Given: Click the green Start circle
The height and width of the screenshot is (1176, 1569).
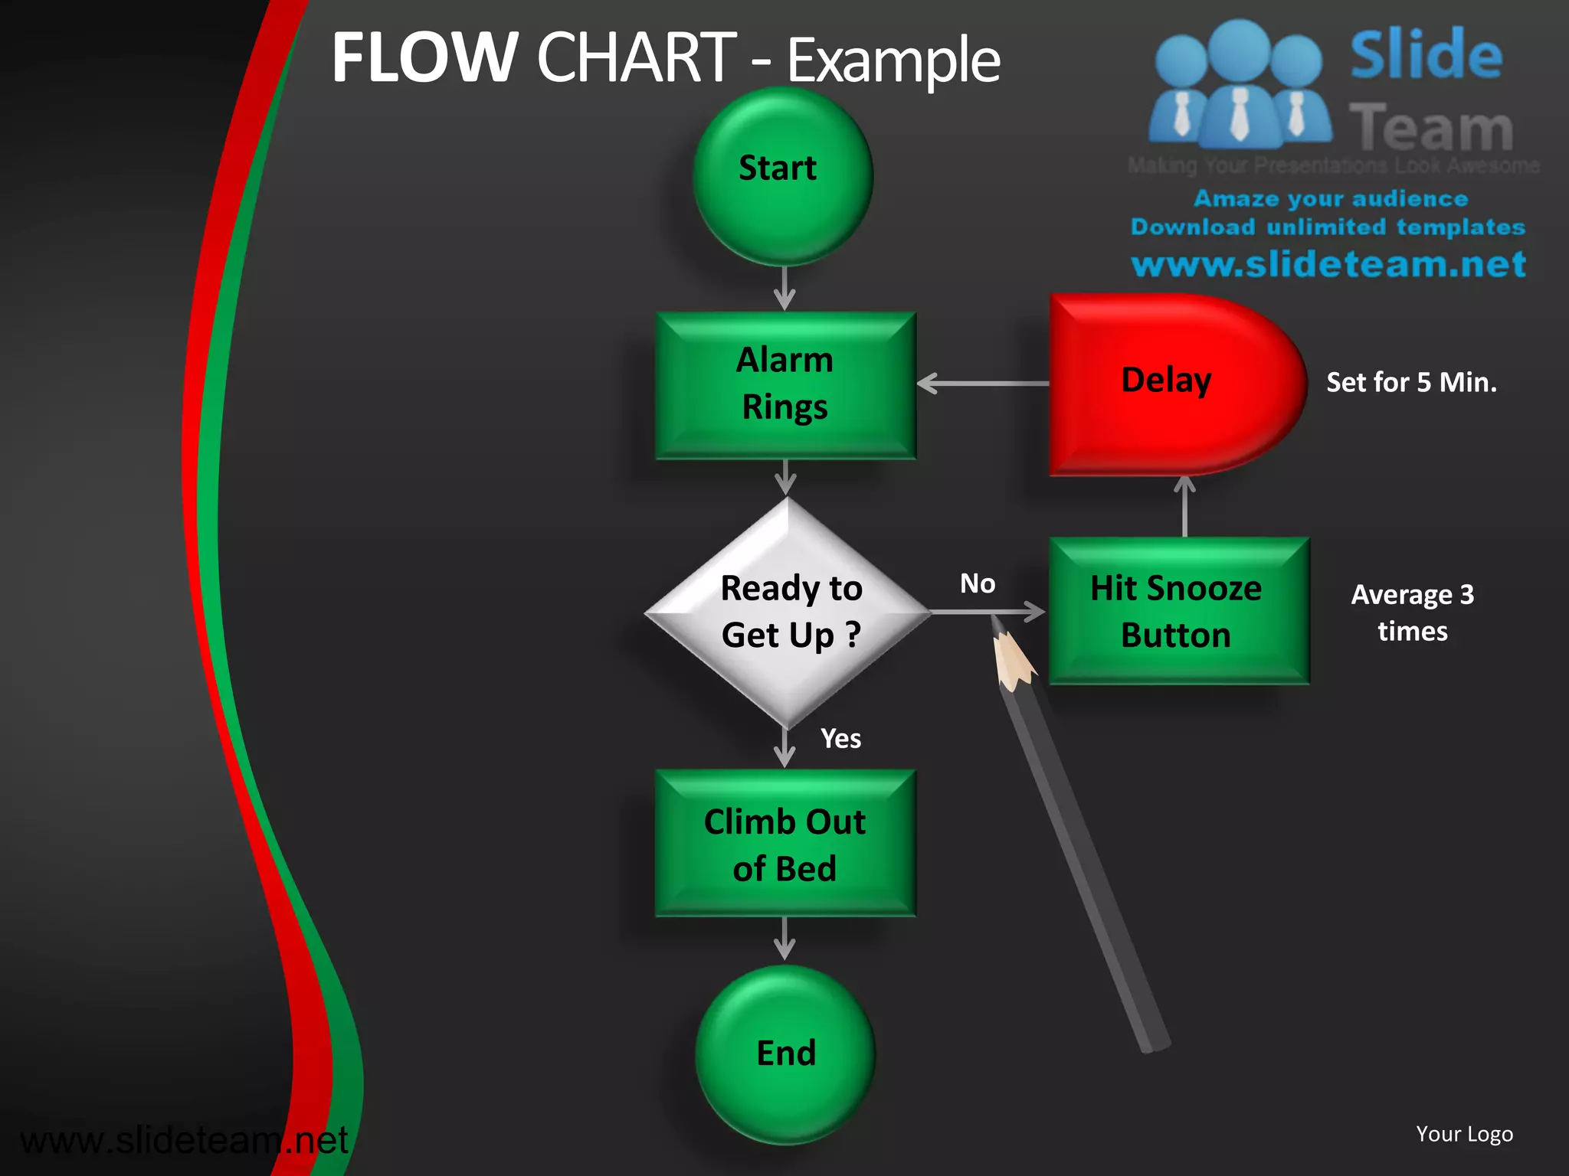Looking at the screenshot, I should [782, 177].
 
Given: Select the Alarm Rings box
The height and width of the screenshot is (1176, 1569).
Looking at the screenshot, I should [785, 385].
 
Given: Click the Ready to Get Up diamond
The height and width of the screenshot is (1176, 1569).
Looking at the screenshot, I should [788, 612].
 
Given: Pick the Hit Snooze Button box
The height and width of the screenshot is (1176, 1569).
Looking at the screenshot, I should [1178, 611].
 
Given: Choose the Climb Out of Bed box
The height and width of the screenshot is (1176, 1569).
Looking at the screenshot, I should [785, 844].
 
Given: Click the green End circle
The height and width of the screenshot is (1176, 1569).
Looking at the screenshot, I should [785, 1053].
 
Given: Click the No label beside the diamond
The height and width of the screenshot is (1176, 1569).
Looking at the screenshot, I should [978, 584].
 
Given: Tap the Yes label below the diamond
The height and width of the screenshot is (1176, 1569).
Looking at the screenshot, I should [840, 739].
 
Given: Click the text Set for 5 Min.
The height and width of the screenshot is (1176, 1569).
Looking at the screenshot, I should [1411, 382].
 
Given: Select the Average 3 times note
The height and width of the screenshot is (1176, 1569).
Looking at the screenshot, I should [1412, 612].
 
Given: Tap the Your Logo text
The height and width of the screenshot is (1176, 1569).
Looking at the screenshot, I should [1464, 1134].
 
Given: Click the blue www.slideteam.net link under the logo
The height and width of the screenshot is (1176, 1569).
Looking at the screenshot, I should [1328, 264].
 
